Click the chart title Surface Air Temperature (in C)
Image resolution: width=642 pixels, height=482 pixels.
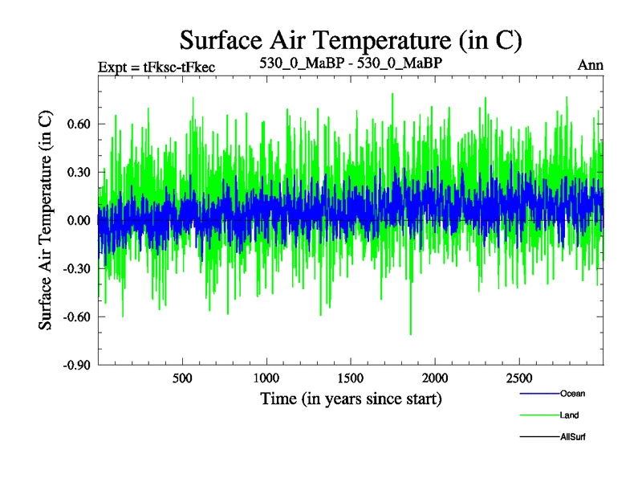coord(351,39)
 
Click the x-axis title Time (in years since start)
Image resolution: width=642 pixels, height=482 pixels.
coord(351,398)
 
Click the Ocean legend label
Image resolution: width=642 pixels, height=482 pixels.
coord(573,394)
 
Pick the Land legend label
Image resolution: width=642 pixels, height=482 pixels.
coord(570,415)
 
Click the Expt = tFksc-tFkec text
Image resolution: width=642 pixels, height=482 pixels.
coord(156,66)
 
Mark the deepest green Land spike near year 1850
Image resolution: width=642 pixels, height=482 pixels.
coord(411,333)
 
